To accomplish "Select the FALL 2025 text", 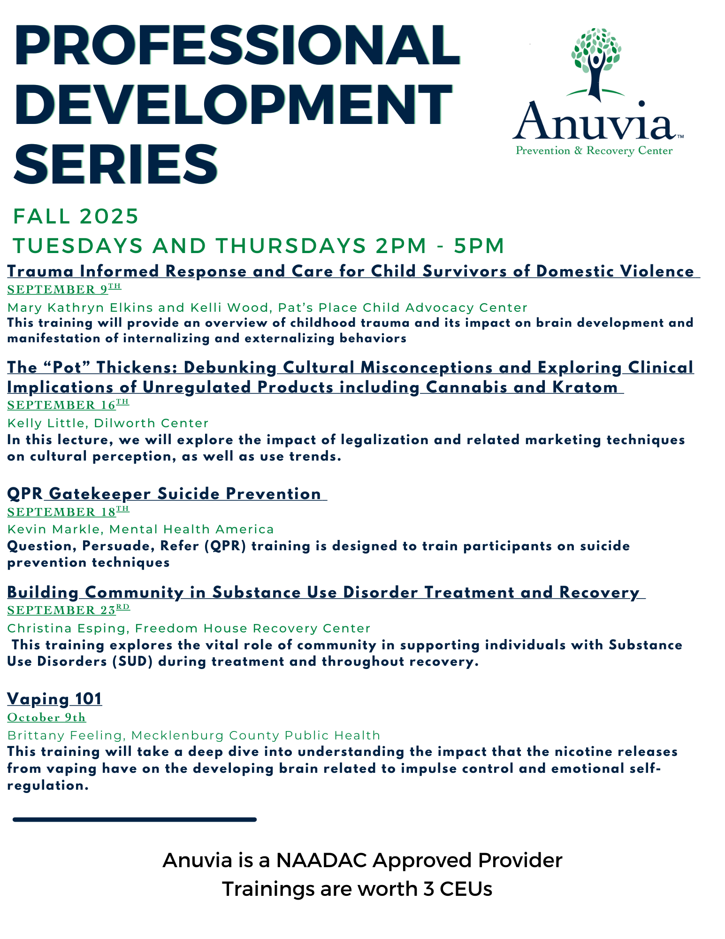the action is pos(76,216).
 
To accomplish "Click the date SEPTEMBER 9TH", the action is pos(64,289).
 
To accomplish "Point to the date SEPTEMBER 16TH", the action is pos(68,405).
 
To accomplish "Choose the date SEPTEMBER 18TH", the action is pos(68,511).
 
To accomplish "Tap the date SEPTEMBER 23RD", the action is pos(69,609).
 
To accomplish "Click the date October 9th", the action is pos(46,717).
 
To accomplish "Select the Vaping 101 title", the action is pos(54,699).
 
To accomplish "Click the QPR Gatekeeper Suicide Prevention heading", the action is pos(164,494).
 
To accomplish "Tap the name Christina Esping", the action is pos(67,629).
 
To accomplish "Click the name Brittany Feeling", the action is pos(65,736).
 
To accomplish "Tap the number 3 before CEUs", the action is pos(428,889).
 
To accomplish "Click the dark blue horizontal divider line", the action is pos(135,819).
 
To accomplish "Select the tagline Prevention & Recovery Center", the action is pos(594,151).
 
